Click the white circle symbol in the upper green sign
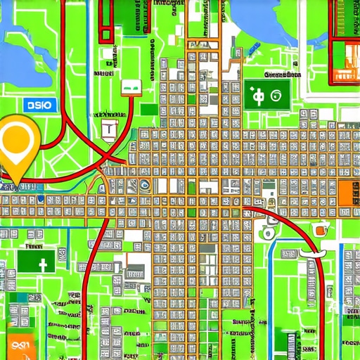point(276,96)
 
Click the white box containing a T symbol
point(109,128)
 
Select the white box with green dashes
point(131,86)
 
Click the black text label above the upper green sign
point(277,73)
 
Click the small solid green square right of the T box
point(148,110)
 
